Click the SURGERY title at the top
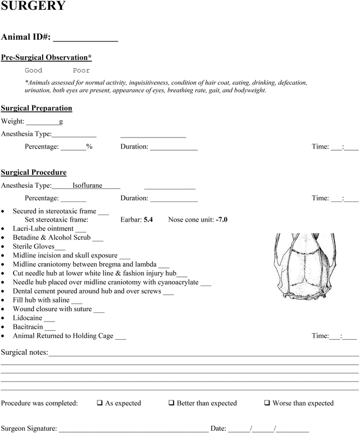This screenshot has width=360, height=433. pos(34,7)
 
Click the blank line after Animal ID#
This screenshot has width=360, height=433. pos(85,39)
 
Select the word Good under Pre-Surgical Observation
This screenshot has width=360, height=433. pos(33,70)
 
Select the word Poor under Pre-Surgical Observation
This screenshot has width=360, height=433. pos(81,70)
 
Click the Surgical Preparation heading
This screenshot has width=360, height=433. pos(37,108)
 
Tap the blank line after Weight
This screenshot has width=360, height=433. pos(43,122)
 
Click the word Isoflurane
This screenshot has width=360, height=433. pos(87,186)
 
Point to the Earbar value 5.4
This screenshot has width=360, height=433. pos(147,220)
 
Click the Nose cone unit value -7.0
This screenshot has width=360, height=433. pos(221,220)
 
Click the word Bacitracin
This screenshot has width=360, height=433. pos(28,327)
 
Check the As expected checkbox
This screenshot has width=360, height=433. pos(100,404)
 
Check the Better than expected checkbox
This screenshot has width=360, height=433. pos(171,404)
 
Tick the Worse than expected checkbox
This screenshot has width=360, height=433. pos(267,404)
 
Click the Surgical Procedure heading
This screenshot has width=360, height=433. pos(34,173)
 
